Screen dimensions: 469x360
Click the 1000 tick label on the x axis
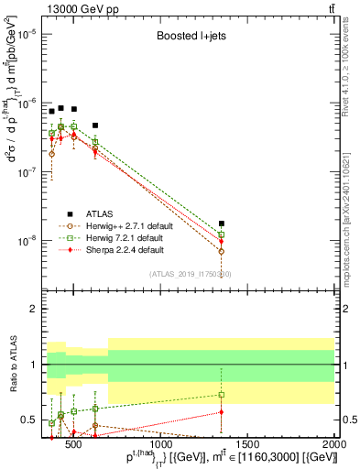[x=161, y=445]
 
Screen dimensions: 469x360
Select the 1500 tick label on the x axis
[x=248, y=445]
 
